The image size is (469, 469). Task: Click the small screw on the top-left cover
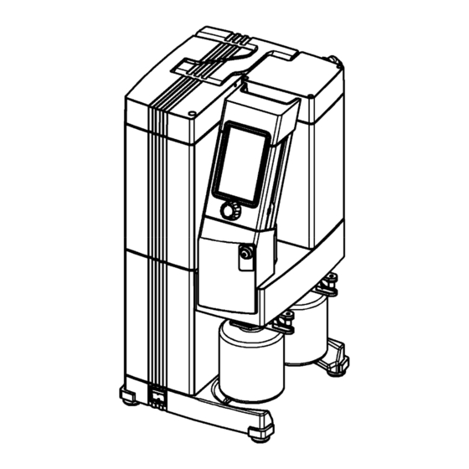coord(193,111)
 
